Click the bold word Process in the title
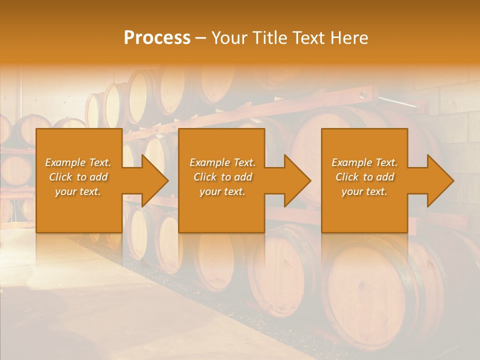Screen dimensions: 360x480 [x=157, y=38]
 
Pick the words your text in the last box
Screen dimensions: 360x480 [x=364, y=191]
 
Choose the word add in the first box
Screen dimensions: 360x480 [x=98, y=177]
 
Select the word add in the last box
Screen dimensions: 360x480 [x=385, y=177]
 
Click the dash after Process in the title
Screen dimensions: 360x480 [x=200, y=38]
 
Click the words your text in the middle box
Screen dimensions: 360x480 [x=222, y=191]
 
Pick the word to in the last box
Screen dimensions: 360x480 [x=368, y=177]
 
